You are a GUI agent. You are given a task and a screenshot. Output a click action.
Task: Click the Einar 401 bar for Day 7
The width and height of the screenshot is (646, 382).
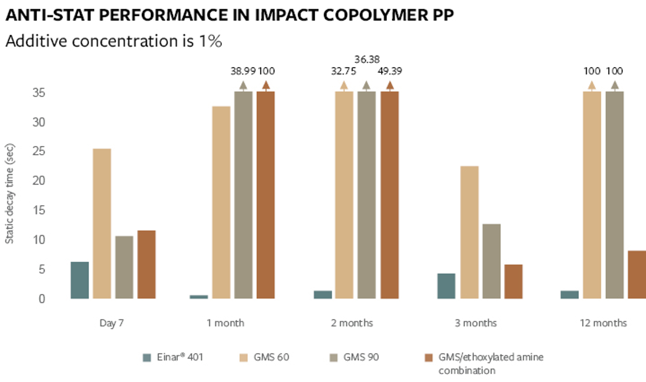coord(80,280)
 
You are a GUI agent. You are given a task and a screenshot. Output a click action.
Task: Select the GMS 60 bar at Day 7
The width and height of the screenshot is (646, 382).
coord(102,223)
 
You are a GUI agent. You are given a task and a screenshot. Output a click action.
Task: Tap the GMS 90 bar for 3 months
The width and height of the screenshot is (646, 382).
coord(491,261)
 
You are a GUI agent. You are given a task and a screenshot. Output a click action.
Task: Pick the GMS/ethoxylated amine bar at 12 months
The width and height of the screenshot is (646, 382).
coord(637,275)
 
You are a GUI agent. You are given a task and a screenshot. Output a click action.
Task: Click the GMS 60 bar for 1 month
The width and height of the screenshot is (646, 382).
coord(221,202)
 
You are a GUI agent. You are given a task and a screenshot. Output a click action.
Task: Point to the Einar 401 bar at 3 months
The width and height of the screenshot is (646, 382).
coord(446,286)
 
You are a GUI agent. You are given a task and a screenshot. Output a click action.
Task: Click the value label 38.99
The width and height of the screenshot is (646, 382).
coord(243,71)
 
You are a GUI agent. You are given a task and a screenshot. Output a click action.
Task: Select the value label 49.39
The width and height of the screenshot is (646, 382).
coord(390,71)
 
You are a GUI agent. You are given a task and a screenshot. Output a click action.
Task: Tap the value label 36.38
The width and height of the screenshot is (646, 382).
coord(367,59)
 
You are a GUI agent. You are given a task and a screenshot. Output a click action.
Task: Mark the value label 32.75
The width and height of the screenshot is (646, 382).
coord(343,71)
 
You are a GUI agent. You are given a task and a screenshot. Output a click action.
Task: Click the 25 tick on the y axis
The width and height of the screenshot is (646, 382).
coord(39,151)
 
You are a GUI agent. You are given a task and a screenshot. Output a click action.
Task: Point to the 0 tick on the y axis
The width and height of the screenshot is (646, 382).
coord(42,299)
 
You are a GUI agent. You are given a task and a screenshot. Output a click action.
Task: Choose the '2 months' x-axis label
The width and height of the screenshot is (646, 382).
coord(352,323)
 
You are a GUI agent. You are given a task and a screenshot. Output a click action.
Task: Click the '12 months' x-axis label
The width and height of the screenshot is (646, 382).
coord(603,323)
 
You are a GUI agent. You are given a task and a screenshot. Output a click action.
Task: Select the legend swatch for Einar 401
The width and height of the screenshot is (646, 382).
coord(147,358)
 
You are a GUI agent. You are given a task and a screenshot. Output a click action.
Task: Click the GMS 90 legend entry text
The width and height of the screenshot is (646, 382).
coord(361,357)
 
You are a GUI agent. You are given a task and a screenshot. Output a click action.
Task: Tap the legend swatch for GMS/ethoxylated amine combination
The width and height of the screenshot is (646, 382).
coord(428,358)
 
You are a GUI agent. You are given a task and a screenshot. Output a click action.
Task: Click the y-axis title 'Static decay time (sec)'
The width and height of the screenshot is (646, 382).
coord(10,193)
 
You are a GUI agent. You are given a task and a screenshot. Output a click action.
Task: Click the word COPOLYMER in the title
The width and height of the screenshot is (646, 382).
coord(374,15)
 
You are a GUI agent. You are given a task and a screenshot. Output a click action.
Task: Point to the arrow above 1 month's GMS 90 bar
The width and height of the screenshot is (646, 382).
coord(243,85)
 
